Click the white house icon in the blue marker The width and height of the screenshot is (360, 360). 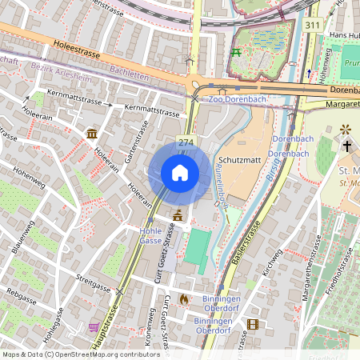(180, 172)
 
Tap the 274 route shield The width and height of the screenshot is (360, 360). (186, 142)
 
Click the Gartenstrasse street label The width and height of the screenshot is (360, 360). (141, 139)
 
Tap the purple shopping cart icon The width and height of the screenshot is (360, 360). (94, 326)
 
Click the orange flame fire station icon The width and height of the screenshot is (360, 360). (183, 299)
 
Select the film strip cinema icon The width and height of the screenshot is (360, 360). (253, 324)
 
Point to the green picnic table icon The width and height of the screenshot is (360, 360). (236, 53)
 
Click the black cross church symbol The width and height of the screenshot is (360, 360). (347, 146)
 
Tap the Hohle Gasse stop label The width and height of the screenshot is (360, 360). (151, 234)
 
